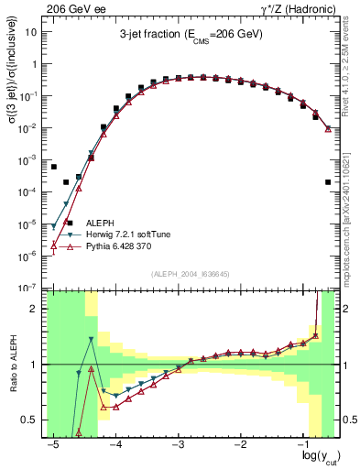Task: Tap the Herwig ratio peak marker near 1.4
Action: tap(92, 340)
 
